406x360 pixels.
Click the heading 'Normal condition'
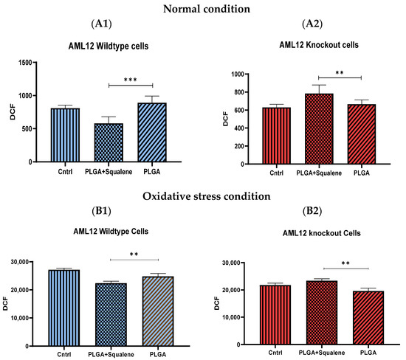203,8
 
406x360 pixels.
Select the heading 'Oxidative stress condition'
203,197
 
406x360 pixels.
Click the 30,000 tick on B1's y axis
31,262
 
